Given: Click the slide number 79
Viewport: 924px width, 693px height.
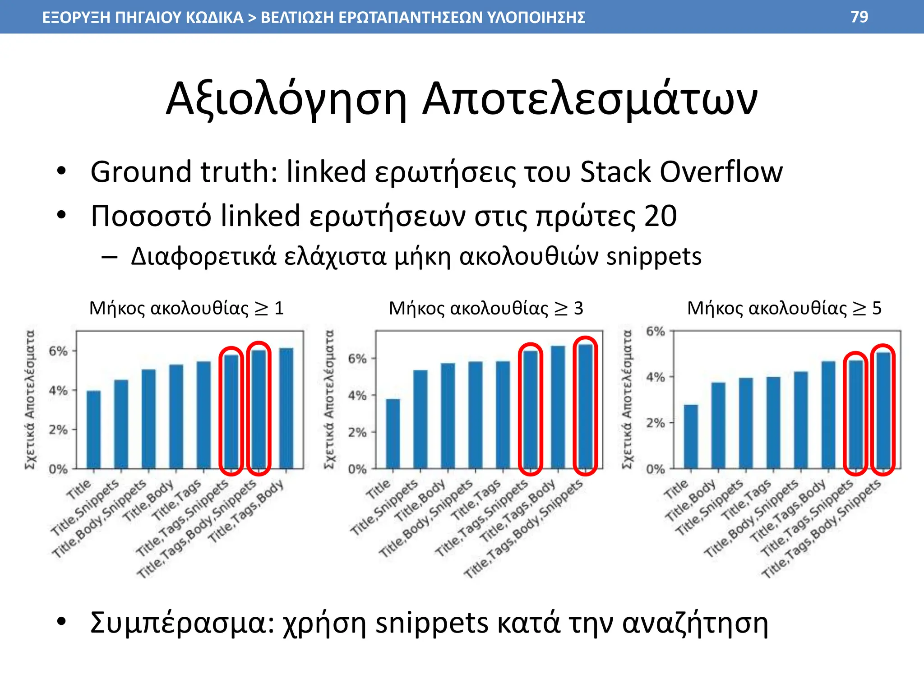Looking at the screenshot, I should (x=859, y=17).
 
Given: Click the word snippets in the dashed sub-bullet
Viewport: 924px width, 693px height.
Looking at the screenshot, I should (x=654, y=256).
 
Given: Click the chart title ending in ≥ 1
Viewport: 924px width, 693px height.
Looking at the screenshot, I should (x=186, y=308).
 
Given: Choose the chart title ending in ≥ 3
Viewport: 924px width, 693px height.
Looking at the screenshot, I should (x=486, y=308).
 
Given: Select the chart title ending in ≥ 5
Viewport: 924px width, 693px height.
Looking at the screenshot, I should (x=784, y=308).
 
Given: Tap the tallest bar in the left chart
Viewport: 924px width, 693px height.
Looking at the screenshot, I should (x=286, y=408).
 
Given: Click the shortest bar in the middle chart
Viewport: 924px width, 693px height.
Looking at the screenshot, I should (x=393, y=434).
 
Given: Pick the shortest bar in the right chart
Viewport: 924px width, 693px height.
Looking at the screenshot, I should (x=691, y=436).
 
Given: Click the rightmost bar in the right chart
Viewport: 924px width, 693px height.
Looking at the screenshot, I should (x=883, y=410).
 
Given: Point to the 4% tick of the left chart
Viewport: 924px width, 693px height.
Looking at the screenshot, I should (x=58, y=390).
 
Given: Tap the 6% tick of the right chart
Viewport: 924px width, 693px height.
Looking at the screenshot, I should (x=656, y=332).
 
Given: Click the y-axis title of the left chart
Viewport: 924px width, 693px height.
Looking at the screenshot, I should (x=30, y=399).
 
